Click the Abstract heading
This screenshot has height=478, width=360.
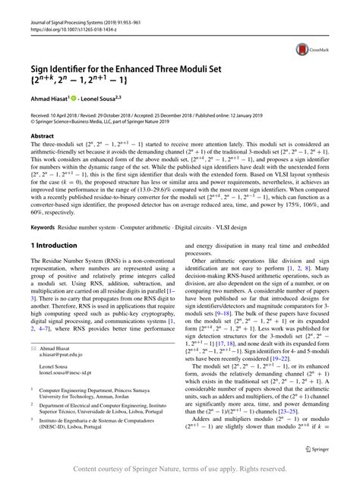coord(42,135)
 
